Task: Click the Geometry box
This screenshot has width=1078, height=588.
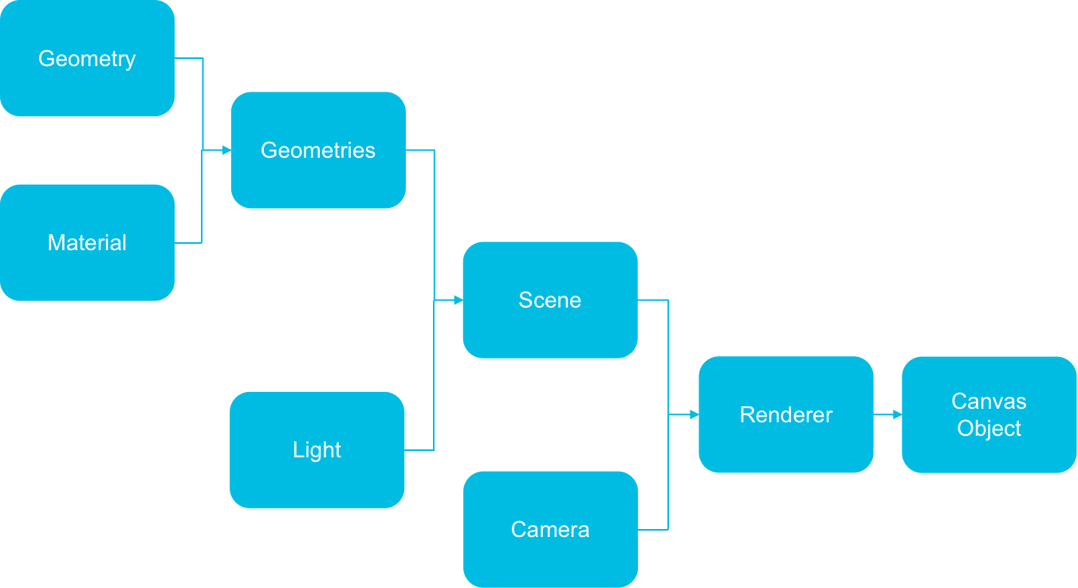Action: pyautogui.click(x=87, y=58)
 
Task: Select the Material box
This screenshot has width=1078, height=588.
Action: pyautogui.click(x=87, y=242)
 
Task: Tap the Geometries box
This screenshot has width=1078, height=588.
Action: pyautogui.click(x=318, y=150)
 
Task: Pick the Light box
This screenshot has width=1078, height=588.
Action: pyautogui.click(x=317, y=449)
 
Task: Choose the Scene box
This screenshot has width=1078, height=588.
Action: pyautogui.click(x=550, y=300)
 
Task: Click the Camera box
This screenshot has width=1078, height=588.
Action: pyautogui.click(x=550, y=529)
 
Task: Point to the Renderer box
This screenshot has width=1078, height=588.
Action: pyautogui.click(x=786, y=414)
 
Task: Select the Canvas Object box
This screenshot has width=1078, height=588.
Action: pyautogui.click(x=989, y=414)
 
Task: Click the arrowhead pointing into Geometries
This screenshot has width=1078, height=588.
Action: pyautogui.click(x=226, y=150)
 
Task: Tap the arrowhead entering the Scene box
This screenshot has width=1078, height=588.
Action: pyautogui.click(x=458, y=300)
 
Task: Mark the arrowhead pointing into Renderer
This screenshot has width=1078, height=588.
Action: pyautogui.click(x=694, y=414)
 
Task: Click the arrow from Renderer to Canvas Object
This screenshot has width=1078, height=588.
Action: pyautogui.click(x=887, y=414)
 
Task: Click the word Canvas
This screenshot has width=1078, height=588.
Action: pyautogui.click(x=989, y=401)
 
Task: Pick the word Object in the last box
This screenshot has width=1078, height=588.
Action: pyautogui.click(x=989, y=428)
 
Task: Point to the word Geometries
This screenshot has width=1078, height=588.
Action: pyautogui.click(x=318, y=150)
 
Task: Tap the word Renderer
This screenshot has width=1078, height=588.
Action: pyautogui.click(x=786, y=414)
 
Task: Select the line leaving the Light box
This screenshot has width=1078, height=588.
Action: pyautogui.click(x=419, y=450)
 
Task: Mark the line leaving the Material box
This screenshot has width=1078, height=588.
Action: pyautogui.click(x=189, y=242)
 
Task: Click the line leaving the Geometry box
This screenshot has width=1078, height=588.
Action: pyautogui.click(x=189, y=58)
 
